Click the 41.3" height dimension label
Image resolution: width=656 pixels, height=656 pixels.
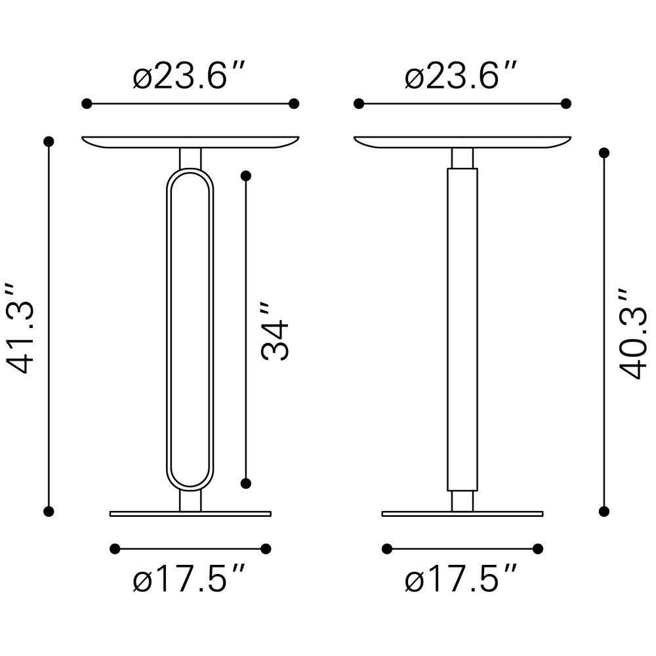(x=19, y=327)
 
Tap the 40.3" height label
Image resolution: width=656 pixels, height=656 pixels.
(x=632, y=333)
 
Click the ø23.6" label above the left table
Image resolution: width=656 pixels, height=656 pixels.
(x=188, y=75)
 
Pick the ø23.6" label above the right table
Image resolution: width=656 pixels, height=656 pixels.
(x=461, y=75)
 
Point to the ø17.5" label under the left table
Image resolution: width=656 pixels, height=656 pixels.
(x=188, y=578)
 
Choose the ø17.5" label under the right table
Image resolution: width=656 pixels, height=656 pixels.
(x=461, y=578)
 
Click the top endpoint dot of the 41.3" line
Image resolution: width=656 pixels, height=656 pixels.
(x=49, y=142)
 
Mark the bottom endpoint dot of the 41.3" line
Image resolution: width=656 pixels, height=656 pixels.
(x=49, y=511)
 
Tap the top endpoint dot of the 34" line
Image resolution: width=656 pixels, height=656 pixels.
(x=246, y=176)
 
